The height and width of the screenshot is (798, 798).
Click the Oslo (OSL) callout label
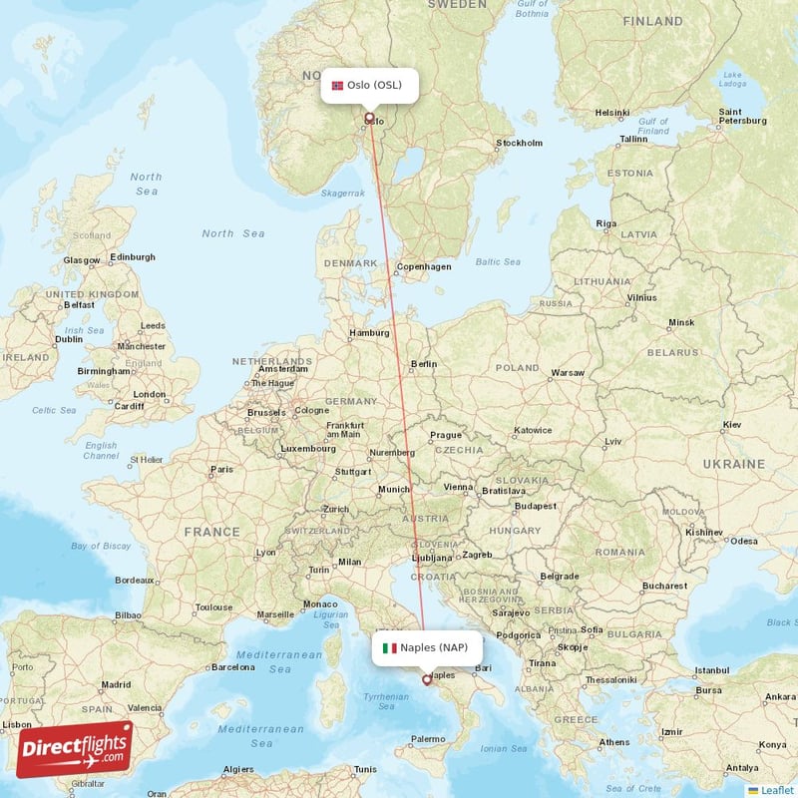[369, 85]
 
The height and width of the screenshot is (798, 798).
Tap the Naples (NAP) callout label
[426, 647]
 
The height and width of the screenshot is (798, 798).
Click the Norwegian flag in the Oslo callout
[337, 85]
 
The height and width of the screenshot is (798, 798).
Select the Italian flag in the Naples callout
[389, 647]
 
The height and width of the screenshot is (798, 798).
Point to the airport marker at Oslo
[369, 118]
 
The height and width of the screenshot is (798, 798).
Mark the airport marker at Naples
[427, 680]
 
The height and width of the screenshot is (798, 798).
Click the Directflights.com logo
[75, 748]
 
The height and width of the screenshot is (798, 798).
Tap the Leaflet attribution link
[775, 790]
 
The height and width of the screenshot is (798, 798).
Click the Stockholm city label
[520, 143]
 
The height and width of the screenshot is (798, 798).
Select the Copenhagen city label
[424, 266]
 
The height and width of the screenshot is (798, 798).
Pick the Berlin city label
[424, 364]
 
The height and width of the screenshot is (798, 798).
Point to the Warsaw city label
[568, 372]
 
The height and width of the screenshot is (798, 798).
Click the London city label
[150, 393]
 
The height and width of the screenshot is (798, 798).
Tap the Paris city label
[221, 469]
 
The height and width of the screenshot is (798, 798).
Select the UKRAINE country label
[733, 464]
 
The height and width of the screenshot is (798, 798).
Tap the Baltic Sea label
[498, 262]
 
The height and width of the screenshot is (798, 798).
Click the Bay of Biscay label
[101, 546]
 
